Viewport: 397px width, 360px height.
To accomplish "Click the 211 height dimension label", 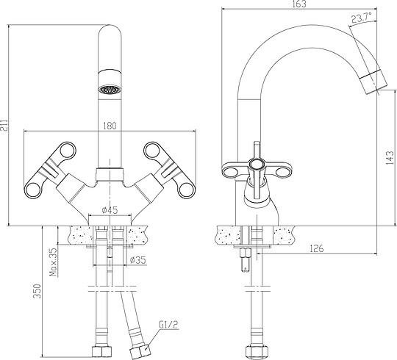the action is [x=4, y=124].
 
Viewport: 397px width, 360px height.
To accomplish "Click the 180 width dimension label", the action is [x=110, y=126].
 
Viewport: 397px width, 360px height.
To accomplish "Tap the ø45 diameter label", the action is [x=110, y=210].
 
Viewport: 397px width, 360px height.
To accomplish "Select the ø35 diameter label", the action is [x=138, y=260].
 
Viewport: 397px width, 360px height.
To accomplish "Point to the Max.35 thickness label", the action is [x=54, y=262].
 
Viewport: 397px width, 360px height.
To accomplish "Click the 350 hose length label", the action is [x=37, y=291].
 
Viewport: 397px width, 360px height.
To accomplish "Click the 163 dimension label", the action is [x=299, y=4].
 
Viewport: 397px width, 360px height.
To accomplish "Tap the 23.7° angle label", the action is [x=361, y=18].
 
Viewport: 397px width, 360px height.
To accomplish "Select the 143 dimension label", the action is [x=390, y=158].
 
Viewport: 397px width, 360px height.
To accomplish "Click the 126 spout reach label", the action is [x=317, y=248].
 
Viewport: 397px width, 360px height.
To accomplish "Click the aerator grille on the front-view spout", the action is [x=110, y=90].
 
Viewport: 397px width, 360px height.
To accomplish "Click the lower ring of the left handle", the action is [x=32, y=190].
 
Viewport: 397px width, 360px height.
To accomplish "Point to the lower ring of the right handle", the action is [x=187, y=190].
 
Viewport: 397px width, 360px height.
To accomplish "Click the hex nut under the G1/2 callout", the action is [x=140, y=352].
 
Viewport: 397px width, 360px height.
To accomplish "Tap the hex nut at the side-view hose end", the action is [x=257, y=352].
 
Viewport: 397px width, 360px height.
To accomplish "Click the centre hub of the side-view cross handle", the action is [x=257, y=165].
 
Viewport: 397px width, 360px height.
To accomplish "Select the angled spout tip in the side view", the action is [x=373, y=82].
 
